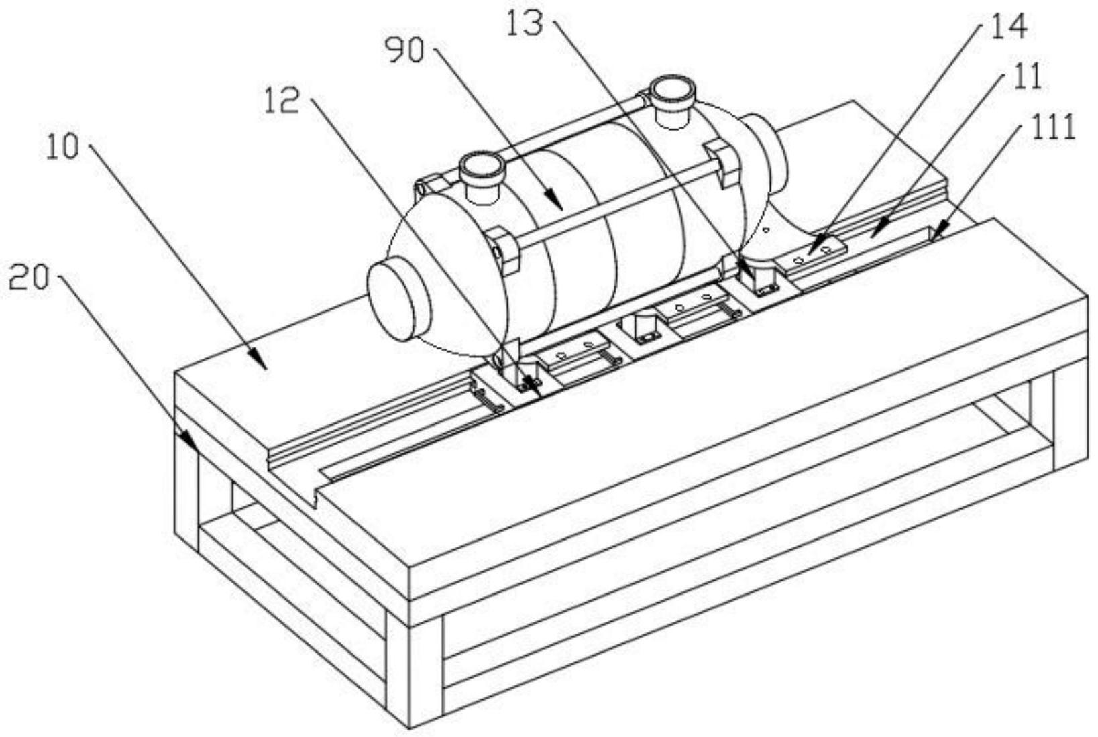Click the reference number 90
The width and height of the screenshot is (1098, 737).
pos(404,51)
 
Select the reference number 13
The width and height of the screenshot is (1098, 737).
pos(527,25)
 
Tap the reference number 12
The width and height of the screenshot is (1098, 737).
pos(281,102)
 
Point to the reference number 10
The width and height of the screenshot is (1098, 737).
pos(62,147)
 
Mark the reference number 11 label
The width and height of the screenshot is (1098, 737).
pos(1026,77)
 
